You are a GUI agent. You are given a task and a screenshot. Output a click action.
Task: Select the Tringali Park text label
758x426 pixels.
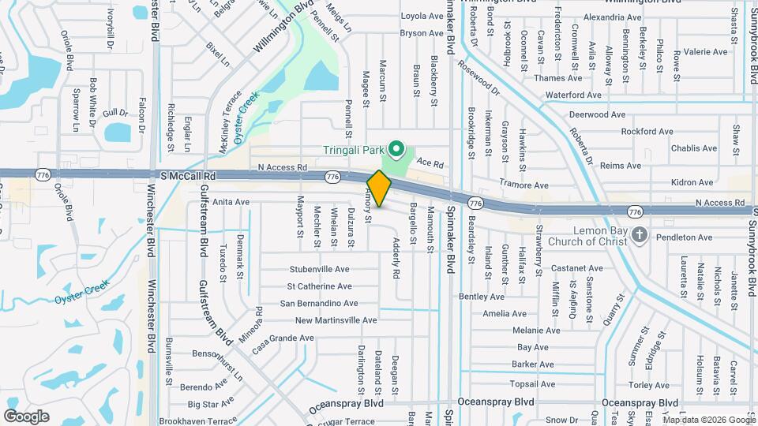click(356, 150)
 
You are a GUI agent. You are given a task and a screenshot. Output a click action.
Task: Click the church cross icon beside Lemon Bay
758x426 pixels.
click(640, 234)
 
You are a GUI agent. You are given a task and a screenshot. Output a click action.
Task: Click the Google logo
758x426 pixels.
click(27, 416)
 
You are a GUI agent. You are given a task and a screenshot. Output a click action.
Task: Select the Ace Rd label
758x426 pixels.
click(430, 163)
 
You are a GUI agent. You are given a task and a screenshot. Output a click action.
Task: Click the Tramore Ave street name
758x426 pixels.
click(523, 185)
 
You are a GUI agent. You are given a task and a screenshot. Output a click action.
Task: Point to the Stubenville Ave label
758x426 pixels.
click(319, 269)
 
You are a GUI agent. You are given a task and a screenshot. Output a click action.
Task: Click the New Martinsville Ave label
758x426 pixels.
click(336, 320)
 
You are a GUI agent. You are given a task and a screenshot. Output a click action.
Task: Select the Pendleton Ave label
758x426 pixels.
click(683, 237)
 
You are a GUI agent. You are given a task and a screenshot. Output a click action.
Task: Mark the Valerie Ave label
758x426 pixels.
click(705, 51)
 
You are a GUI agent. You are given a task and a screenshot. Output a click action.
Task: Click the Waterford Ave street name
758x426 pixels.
click(573, 95)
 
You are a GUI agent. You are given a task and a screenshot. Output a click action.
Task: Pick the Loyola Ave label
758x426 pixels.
click(422, 16)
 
